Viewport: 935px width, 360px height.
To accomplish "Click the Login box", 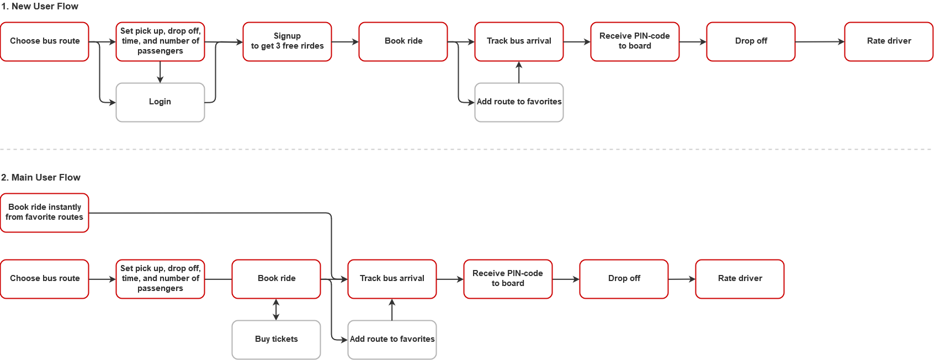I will (160, 102).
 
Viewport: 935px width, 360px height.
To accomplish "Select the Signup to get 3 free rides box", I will (287, 41).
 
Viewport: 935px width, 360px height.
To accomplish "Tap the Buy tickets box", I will (276, 339).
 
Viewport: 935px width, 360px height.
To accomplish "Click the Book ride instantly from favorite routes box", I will (45, 213).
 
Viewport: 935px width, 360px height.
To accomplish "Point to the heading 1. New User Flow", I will (40, 6).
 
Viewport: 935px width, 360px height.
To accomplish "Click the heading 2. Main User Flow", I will (41, 177).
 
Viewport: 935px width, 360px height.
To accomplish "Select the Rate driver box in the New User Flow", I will (889, 41).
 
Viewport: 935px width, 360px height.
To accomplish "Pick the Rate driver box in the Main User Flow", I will (740, 279).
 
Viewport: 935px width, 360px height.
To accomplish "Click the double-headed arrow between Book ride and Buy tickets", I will (276, 309).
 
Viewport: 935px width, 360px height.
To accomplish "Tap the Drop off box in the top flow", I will (751, 41).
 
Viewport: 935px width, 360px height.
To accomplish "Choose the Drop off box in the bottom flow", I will (624, 279).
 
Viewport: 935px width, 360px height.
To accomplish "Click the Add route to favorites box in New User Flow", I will (519, 102).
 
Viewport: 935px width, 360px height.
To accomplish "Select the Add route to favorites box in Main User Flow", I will (392, 339).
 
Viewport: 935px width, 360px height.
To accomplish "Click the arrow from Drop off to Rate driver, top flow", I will (820, 41).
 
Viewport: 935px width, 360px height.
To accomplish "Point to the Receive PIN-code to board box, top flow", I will (635, 41).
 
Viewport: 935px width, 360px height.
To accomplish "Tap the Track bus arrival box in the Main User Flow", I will (392, 279).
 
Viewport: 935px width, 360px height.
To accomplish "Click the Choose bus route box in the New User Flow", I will (45, 41).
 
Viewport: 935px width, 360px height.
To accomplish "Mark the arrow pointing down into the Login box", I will (160, 72).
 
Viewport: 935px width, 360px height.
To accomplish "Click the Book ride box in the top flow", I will (403, 41).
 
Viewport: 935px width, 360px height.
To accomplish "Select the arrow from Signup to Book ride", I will (345, 41).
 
